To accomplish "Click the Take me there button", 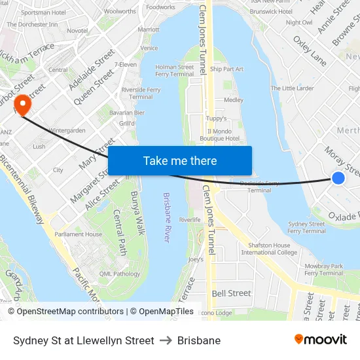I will (x=180, y=161).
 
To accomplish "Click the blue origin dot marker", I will (x=338, y=177).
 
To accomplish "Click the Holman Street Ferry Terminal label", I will (x=175, y=71).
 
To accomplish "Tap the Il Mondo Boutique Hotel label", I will (x=220, y=135).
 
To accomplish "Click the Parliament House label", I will (x=79, y=234).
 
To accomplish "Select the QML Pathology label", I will (x=120, y=274).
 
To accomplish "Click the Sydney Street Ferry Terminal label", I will (x=306, y=227).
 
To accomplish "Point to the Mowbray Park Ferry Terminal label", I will (x=324, y=270).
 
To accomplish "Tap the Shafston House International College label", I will (x=268, y=249).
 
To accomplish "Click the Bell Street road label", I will (x=231, y=293).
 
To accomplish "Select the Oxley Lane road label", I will (x=310, y=51).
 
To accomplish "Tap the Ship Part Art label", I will (x=226, y=69).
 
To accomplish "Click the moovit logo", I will (x=320, y=340).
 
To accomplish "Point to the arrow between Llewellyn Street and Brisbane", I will (x=166, y=340).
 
